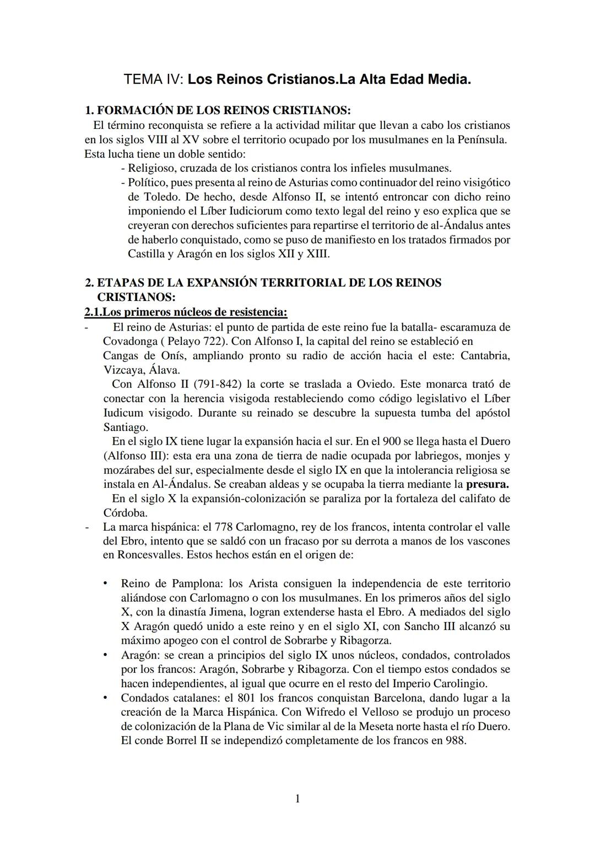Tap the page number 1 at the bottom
pos(297,798)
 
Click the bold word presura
pos(487,485)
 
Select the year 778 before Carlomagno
pos(223,527)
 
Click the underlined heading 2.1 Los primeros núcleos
pos(186,312)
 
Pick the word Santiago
pos(126,427)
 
